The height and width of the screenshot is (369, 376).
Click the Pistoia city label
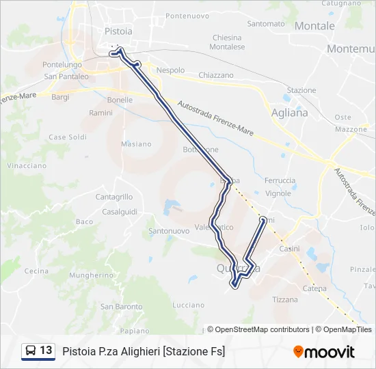click(x=118, y=31)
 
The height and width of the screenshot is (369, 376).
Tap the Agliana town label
click(x=289, y=113)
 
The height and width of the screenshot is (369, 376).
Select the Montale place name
click(x=314, y=26)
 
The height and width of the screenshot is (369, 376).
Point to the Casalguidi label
click(x=120, y=211)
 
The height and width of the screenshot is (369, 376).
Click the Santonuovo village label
click(x=169, y=231)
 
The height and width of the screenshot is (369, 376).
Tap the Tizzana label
click(x=285, y=299)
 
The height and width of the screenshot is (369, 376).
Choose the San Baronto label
click(x=122, y=306)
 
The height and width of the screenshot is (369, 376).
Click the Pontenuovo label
click(x=187, y=15)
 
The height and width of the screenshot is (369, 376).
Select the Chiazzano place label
click(x=215, y=75)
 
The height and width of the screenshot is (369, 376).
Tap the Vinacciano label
click(x=27, y=165)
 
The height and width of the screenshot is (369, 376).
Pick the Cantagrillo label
click(x=114, y=197)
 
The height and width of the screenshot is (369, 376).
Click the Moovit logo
click(x=324, y=351)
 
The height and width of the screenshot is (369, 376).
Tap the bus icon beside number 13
click(x=31, y=351)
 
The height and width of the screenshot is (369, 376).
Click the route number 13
click(x=46, y=351)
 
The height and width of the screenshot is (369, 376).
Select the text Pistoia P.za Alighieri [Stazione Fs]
click(x=144, y=351)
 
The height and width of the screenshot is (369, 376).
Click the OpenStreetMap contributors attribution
click(x=262, y=329)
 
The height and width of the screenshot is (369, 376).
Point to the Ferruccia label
click(x=280, y=180)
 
